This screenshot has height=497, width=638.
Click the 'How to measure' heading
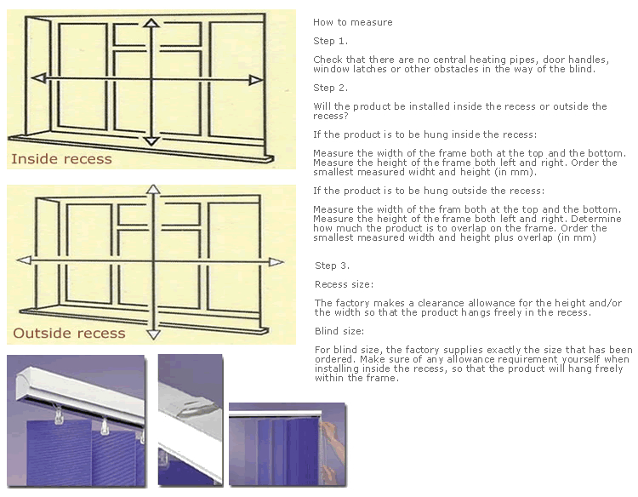353,22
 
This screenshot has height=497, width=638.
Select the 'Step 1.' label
331,40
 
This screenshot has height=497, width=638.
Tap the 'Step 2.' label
331,88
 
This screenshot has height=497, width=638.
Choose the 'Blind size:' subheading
339,331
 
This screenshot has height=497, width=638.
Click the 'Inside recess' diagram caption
61,159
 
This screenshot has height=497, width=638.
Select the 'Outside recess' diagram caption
69,333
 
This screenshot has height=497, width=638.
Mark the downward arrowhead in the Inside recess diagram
151,141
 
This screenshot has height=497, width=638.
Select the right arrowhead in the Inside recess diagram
255,80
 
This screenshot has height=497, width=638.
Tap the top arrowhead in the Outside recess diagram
152,190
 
